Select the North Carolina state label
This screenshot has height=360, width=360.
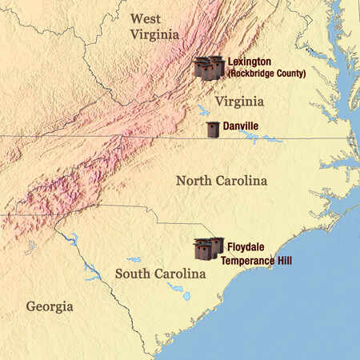tap(222, 182)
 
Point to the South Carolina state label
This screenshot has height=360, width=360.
tap(161, 274)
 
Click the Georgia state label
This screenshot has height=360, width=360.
tap(50, 306)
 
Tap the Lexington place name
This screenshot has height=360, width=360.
tap(250, 62)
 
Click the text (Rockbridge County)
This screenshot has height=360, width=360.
tap(266, 74)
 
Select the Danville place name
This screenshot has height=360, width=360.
tap(244, 126)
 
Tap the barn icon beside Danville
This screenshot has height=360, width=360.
tap(213, 130)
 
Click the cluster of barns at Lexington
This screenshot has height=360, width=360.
tap(209, 67)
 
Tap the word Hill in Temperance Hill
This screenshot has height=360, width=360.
tap(286, 259)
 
